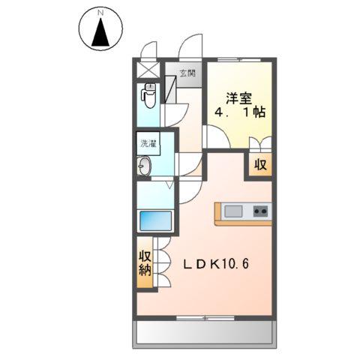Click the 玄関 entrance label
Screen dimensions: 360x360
187,73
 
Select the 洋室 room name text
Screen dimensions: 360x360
238,97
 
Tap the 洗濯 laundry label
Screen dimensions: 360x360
147,142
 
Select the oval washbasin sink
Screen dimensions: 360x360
145,167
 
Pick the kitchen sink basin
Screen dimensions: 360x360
232,211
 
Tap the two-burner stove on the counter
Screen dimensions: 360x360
259,211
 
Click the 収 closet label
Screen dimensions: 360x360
259,165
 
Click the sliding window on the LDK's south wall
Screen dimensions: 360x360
202,318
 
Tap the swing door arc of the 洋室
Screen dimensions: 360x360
216,138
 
